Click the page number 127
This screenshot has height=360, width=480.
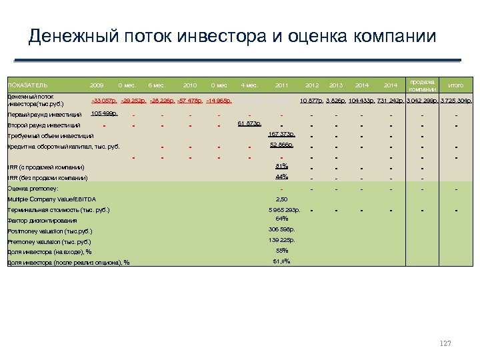(445, 343)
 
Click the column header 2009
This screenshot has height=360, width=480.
(97, 85)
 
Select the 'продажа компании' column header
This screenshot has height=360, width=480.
(422, 85)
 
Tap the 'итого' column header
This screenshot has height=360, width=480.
(456, 85)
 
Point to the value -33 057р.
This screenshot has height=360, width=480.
(104, 101)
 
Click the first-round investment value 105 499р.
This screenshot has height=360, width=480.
(104, 113)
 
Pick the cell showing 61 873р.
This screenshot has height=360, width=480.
(249, 123)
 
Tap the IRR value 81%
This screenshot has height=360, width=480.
(281, 166)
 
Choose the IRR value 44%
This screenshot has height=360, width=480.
(281, 177)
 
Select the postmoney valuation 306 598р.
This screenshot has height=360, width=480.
(281, 229)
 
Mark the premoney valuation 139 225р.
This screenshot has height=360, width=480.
(281, 240)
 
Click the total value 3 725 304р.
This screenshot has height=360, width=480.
(456, 101)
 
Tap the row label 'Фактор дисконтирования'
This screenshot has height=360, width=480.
(41, 221)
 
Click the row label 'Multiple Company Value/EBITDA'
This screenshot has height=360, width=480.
(51, 199)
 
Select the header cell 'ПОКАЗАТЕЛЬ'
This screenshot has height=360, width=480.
(27, 86)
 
